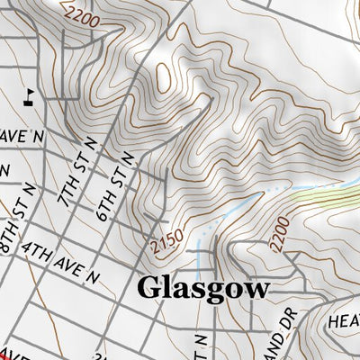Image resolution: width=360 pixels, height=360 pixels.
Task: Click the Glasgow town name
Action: [202, 289]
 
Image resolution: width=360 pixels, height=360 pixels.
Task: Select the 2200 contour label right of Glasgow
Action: [282, 232]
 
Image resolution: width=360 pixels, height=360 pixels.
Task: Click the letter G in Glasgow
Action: [149, 288]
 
